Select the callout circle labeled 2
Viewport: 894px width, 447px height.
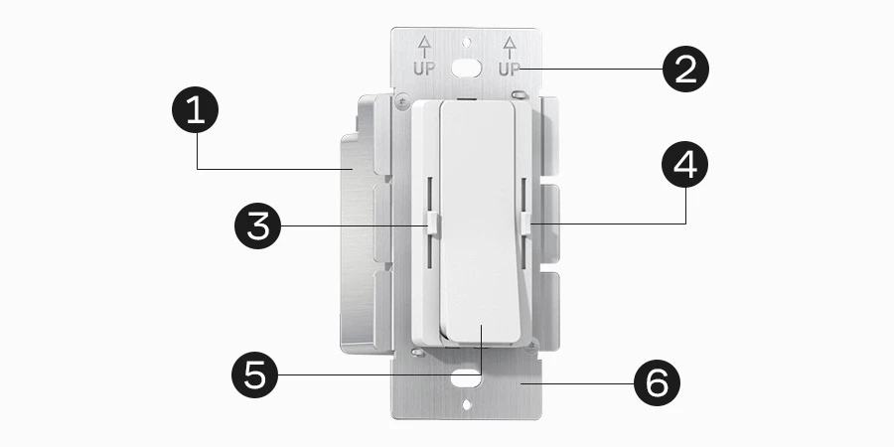(685, 70)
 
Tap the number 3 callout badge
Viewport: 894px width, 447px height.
(257, 226)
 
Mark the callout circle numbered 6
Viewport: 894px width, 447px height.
(658, 382)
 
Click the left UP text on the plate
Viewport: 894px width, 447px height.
(424, 70)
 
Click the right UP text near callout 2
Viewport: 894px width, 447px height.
(510, 70)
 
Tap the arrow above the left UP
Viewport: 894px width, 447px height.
(424, 45)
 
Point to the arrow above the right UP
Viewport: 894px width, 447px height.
(510, 45)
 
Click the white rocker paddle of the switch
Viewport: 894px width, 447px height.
(478, 219)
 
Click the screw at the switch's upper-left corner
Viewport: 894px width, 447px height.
(401, 100)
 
